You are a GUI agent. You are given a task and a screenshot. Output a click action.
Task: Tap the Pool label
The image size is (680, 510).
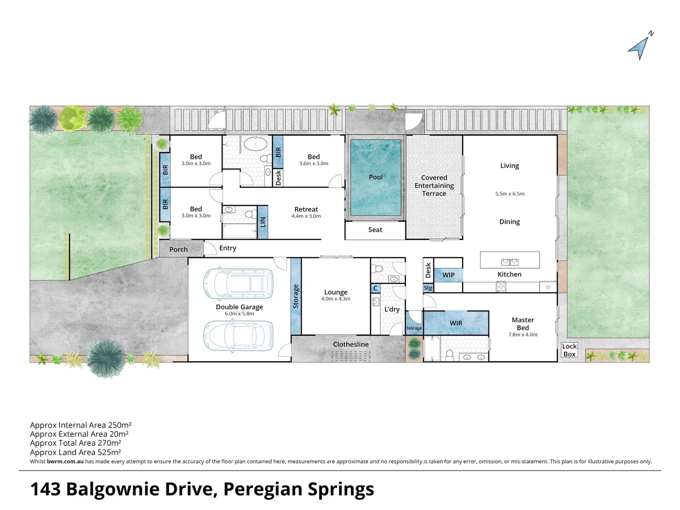pyautogui.click(x=376, y=177)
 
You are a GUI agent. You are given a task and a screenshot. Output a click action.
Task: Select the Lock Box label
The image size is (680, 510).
pyautogui.click(x=569, y=350)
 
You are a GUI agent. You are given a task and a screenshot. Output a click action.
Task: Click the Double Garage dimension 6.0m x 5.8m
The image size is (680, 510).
pyautogui.click(x=239, y=314)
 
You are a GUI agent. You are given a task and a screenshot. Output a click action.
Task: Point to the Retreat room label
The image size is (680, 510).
pyautogui.click(x=306, y=209)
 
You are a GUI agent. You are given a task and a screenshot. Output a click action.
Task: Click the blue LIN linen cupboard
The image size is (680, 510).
pyautogui.click(x=263, y=221)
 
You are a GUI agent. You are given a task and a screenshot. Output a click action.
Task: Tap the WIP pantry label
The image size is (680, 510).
pyautogui.click(x=448, y=275)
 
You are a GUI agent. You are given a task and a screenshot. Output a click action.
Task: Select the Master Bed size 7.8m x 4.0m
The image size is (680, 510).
pyautogui.click(x=523, y=335)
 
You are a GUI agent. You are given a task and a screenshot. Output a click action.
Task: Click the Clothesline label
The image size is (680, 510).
pyautogui.click(x=351, y=344)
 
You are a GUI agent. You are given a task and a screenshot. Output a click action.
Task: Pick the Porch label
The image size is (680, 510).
pyautogui.click(x=179, y=249)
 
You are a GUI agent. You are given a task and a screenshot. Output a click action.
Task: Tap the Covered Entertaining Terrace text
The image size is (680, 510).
pyautogui.click(x=434, y=186)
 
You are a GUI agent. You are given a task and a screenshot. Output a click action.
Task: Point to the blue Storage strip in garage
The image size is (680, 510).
pyautogui.click(x=295, y=296)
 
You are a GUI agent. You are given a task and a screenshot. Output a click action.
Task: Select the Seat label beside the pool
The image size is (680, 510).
pyautogui.click(x=375, y=230)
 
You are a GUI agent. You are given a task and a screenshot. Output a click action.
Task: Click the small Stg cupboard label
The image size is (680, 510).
pyautogui.click(x=428, y=288)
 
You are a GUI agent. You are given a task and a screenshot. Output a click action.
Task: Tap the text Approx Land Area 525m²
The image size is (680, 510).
pyautogui.click(x=76, y=452)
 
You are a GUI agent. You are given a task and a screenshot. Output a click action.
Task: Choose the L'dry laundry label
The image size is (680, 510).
pyautogui.click(x=392, y=309)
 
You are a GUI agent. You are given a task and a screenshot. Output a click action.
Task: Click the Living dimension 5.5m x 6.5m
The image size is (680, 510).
pyautogui.click(x=509, y=194)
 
